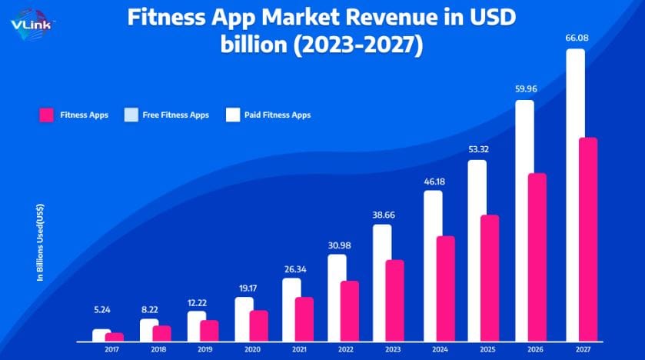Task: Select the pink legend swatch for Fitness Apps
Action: click(x=45, y=115)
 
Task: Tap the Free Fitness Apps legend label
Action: click(x=175, y=115)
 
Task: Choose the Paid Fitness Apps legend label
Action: click(x=278, y=115)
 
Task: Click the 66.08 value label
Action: click(x=574, y=36)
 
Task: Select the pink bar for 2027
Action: click(x=588, y=238)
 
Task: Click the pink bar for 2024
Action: click(x=446, y=288)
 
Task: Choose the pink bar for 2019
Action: click(x=209, y=330)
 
